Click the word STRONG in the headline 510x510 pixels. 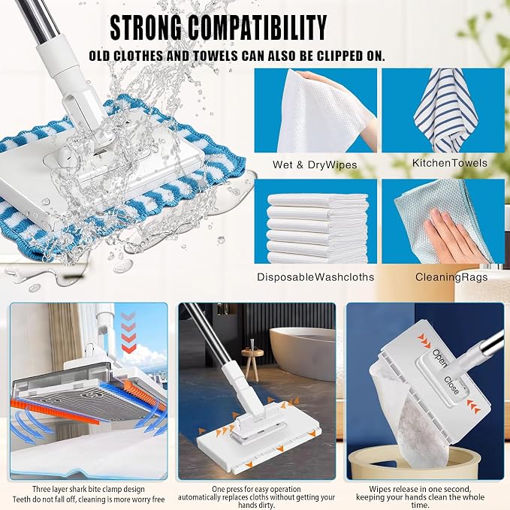(x=146, y=28)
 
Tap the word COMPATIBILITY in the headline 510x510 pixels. (x=258, y=28)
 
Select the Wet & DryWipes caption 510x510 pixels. (x=315, y=164)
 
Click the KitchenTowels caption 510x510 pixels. (x=450, y=163)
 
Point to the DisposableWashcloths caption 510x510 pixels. (x=315, y=277)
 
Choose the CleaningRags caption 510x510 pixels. (x=451, y=277)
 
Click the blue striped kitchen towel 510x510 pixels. (x=445, y=110)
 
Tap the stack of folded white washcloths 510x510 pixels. (x=318, y=228)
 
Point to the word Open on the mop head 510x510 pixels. (x=440, y=357)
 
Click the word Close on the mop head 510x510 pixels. (x=451, y=385)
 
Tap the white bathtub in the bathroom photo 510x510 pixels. (x=303, y=353)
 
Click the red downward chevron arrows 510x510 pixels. (x=128, y=333)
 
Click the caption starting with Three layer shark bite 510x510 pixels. (x=89, y=494)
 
